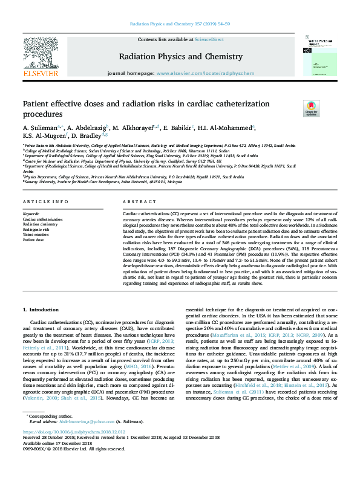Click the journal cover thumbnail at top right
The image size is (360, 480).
318,57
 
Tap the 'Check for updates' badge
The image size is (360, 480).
311,109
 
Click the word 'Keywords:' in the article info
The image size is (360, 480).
31,214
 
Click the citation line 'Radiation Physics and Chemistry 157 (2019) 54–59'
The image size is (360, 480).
180,25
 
